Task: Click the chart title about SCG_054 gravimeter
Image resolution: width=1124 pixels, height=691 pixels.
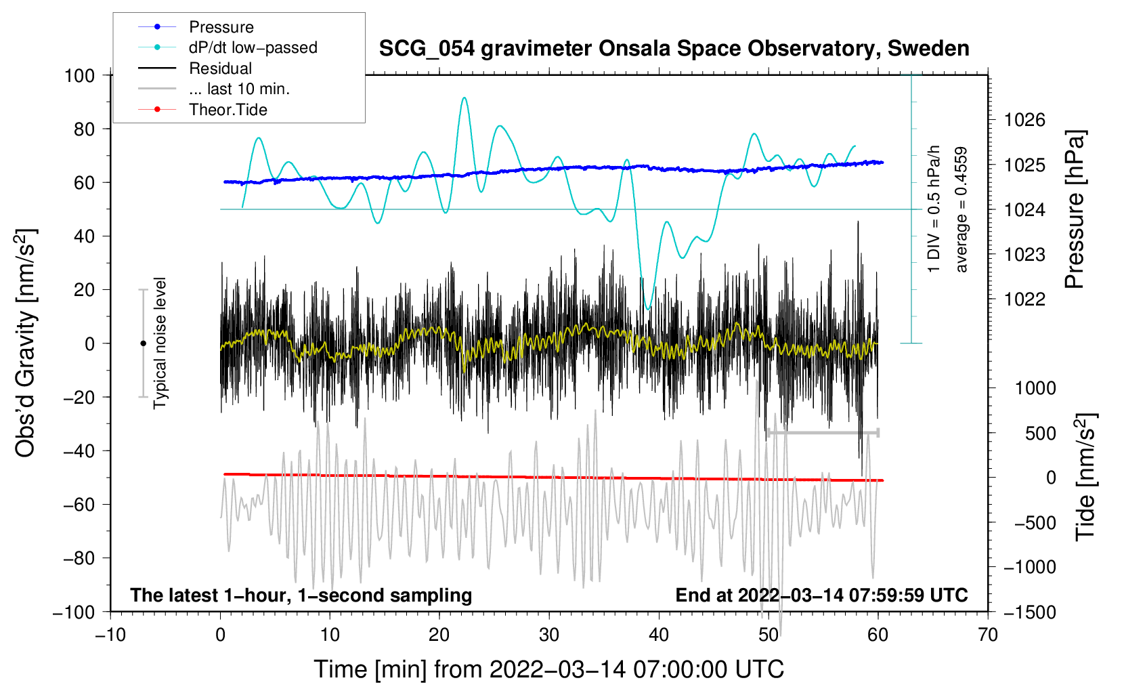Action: click(674, 49)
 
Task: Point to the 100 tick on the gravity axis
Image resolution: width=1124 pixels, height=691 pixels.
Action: click(79, 75)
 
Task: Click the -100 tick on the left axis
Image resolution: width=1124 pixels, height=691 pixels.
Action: click(74, 612)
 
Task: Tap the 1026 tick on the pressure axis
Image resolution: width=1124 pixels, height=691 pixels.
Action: click(1024, 120)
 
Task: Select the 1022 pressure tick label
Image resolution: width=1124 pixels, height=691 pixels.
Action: click(1024, 299)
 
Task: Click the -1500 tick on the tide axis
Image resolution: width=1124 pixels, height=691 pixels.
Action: click(1029, 612)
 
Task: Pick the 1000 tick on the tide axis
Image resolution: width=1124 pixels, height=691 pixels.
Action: click(1035, 388)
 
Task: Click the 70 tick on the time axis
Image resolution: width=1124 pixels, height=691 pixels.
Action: click(988, 635)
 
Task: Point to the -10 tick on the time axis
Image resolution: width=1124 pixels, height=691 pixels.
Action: click(110, 635)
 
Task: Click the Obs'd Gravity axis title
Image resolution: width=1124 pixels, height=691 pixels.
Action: click(25, 343)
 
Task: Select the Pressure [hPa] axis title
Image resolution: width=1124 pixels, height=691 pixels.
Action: click(1075, 209)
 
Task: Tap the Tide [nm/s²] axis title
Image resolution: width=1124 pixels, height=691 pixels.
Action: click(1085, 477)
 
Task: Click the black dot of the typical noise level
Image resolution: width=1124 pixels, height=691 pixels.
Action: click(143, 343)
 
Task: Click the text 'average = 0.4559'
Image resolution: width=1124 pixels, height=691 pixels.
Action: click(961, 209)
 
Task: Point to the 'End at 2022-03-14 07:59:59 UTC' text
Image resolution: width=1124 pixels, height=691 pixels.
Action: click(821, 595)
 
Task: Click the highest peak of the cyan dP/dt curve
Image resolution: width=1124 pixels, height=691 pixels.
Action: click(464, 98)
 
